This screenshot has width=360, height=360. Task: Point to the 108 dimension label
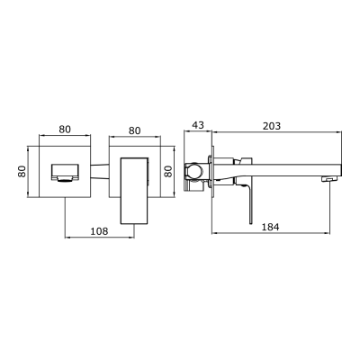pyautogui.click(x=101, y=230)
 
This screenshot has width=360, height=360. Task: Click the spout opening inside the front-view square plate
pyautogui.click(x=65, y=171)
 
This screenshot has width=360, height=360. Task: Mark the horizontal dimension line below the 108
pyautogui.click(x=101, y=238)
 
